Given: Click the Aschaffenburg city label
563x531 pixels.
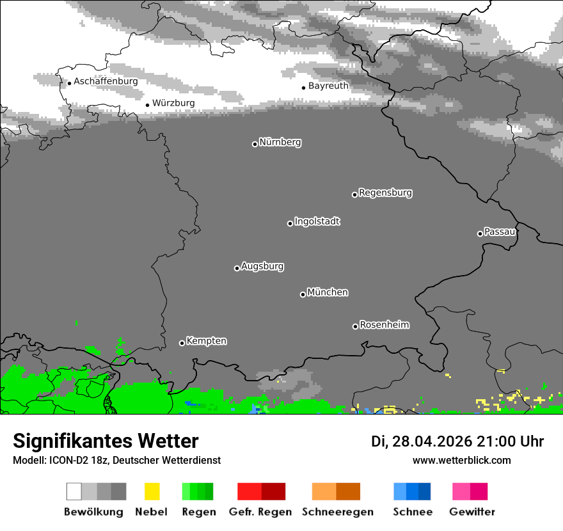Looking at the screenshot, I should click(x=106, y=82).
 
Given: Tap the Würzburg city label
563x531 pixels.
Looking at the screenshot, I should click(x=173, y=103).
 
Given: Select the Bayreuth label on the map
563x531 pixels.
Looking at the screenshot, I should click(x=328, y=86).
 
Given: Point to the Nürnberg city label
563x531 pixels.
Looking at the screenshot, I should click(x=280, y=143).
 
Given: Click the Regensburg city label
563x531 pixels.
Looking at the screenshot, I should click(x=385, y=193).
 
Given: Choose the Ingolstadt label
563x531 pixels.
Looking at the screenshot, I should click(x=317, y=222).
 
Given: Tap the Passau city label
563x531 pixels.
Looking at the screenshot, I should click(x=500, y=232).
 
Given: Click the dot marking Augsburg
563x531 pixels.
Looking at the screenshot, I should click(x=237, y=268).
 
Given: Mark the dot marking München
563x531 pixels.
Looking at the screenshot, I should click(x=303, y=294).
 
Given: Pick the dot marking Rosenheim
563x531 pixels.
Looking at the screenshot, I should click(x=355, y=326).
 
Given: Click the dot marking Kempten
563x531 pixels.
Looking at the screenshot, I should click(x=182, y=343).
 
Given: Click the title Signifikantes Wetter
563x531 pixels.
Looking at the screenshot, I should click(x=106, y=441).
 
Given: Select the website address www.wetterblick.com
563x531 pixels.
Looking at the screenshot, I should click(x=462, y=460).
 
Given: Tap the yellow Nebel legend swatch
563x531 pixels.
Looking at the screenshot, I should click(x=152, y=491).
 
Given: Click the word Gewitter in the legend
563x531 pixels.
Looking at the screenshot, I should click(x=472, y=512).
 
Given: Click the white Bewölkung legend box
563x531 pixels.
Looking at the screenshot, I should click(x=74, y=491).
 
